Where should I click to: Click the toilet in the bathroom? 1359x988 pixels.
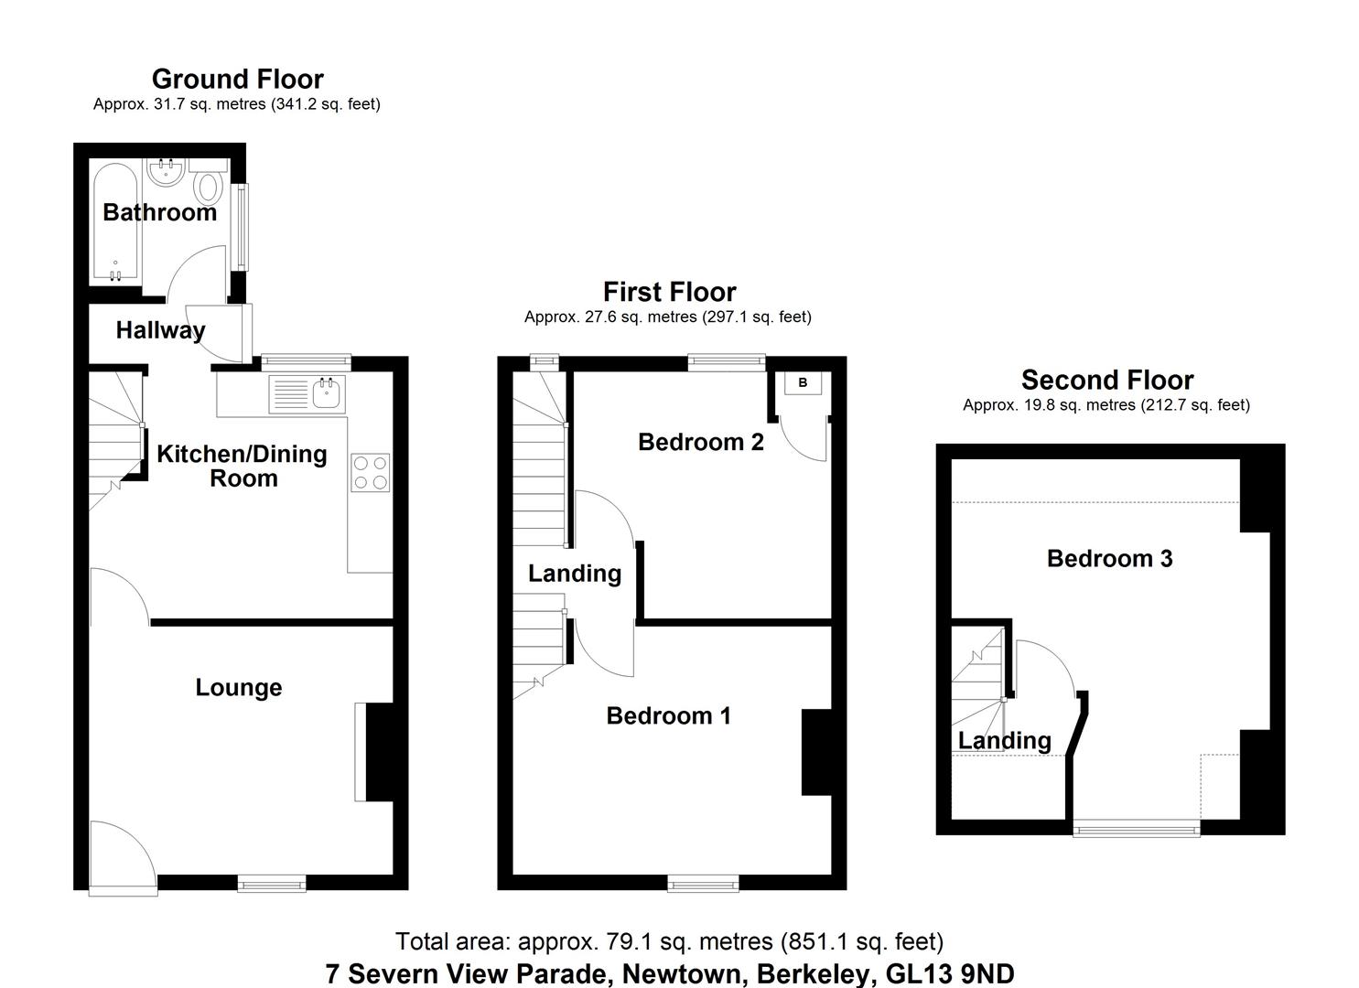[x=210, y=186]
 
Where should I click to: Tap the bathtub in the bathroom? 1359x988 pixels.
[x=114, y=224]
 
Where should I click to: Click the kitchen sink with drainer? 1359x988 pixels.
[x=307, y=394]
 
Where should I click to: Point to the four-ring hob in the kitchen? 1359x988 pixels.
[x=370, y=473]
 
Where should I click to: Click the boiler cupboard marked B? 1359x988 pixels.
[x=803, y=383]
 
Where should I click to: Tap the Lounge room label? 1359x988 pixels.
[x=238, y=688]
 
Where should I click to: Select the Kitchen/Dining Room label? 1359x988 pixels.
[x=242, y=466]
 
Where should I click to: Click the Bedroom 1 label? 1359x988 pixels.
[x=668, y=715]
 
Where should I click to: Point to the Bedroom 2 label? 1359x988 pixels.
[x=700, y=442]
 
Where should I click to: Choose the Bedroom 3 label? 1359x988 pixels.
[x=1109, y=558]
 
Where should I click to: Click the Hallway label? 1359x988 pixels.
[x=160, y=330]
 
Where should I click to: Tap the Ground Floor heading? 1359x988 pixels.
[x=237, y=79]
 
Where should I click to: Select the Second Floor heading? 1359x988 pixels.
[x=1106, y=380]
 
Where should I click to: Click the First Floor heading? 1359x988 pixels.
[x=669, y=292]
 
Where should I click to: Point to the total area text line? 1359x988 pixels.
[x=669, y=940]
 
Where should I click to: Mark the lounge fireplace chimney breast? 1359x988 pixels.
[x=379, y=752]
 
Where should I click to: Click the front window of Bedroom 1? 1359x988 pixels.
[x=703, y=883]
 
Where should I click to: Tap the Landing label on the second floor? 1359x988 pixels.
[x=1004, y=740]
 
